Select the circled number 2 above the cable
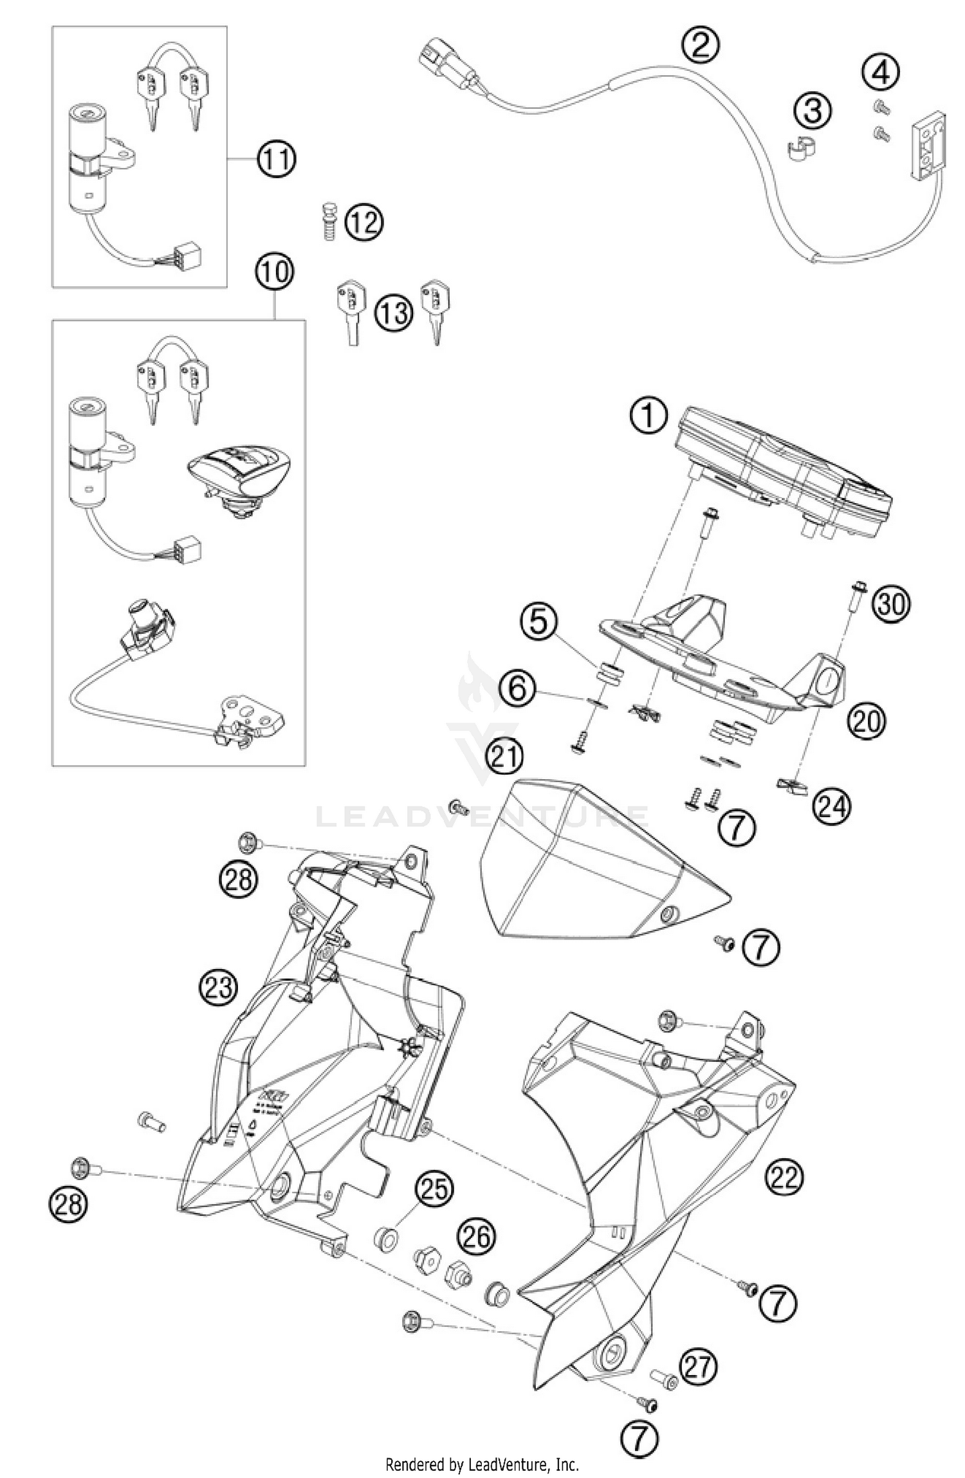(x=701, y=44)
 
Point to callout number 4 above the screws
(x=881, y=73)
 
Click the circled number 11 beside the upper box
(x=277, y=158)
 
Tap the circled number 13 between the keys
(x=393, y=313)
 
